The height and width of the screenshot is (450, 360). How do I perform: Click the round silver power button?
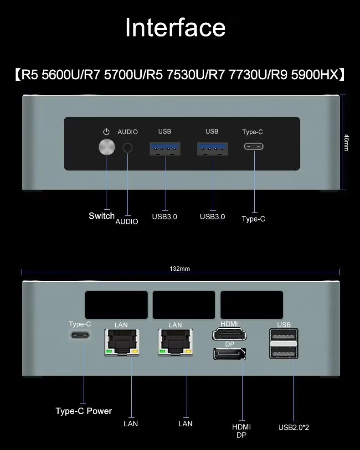tap(107, 147)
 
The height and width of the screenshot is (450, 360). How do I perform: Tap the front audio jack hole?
tap(128, 148)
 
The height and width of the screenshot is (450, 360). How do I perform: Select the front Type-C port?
tap(253, 147)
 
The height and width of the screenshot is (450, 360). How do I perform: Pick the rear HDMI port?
tap(229, 335)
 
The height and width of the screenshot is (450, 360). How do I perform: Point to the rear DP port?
tap(229, 353)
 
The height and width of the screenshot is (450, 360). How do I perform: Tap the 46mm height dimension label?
tap(346, 142)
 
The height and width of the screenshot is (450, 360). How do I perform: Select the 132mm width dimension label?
tap(180, 269)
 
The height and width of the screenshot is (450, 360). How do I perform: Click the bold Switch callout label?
tap(102, 216)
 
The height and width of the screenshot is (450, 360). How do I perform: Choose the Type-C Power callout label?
tap(84, 411)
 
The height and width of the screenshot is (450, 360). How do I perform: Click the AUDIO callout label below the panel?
tap(127, 222)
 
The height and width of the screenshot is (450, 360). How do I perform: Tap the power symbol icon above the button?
tap(107, 132)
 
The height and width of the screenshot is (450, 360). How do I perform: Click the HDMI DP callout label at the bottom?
tap(242, 431)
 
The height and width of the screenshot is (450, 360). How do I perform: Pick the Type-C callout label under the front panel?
tap(253, 219)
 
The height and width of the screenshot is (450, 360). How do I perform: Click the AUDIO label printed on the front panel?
tap(128, 132)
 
